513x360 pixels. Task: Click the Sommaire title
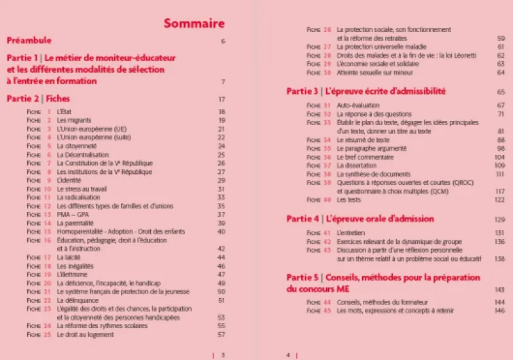(194, 24)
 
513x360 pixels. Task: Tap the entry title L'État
(63, 111)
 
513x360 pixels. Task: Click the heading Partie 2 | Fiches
(38, 98)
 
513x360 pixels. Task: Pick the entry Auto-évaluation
(356, 105)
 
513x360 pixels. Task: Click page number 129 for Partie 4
(499, 219)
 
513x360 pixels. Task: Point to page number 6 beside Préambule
(222, 41)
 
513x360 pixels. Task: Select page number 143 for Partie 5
(499, 289)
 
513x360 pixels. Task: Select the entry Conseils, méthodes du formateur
(379, 302)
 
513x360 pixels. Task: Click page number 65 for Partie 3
(501, 91)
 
